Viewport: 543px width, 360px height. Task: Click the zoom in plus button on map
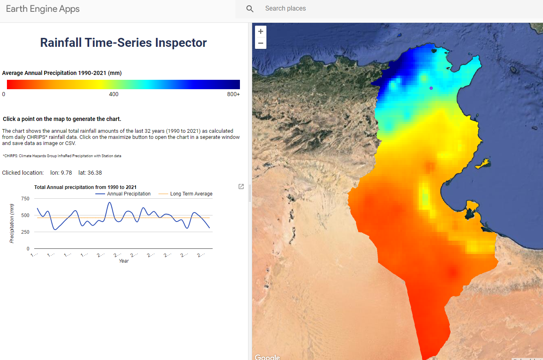pos(261,31)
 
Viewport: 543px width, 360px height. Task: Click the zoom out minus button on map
pos(261,43)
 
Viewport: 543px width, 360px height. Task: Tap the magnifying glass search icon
pos(250,9)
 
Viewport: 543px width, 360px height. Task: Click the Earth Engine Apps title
pos(43,9)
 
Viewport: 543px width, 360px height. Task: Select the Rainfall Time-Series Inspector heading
pos(123,43)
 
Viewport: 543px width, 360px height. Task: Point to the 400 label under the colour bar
pos(114,94)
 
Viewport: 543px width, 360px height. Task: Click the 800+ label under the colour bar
pos(233,94)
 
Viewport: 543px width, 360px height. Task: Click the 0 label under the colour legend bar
pos(4,94)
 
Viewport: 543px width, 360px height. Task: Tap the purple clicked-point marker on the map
pos(431,88)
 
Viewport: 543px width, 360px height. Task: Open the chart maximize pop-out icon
pos(241,187)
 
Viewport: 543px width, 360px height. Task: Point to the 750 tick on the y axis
pos(25,199)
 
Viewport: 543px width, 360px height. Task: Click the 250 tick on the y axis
pos(25,232)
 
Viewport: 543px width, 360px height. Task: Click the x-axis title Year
pos(124,261)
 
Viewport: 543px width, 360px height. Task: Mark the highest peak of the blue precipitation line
pos(110,202)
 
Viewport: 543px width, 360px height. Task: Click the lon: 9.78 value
pos(61,173)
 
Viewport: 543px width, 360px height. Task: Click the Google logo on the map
pos(267,357)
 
